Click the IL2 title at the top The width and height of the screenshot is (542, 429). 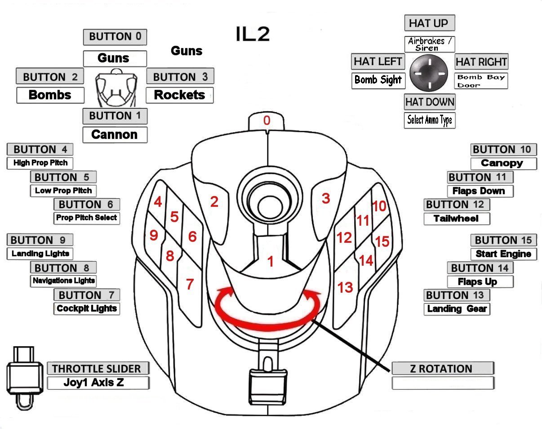(253, 34)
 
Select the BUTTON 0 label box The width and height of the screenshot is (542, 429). (115, 37)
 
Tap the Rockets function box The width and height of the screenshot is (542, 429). (179, 95)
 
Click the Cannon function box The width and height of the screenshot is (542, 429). (115, 134)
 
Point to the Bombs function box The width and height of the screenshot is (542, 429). (50, 95)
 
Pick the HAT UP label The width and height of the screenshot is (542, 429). (429, 23)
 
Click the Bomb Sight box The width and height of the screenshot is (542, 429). (378, 80)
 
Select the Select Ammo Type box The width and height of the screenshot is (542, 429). (429, 120)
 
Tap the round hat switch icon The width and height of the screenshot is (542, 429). (429, 72)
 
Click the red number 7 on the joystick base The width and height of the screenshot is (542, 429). (190, 284)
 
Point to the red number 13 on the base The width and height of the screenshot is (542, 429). (345, 287)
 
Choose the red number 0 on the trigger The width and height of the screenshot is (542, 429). (267, 121)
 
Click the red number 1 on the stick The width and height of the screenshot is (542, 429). (270, 261)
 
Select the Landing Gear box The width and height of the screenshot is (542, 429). (457, 309)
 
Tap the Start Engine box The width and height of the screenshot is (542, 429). (503, 254)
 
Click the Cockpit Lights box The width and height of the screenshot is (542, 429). (87, 308)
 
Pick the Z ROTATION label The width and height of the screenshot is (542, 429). (443, 369)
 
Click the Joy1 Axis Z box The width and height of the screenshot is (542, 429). (98, 383)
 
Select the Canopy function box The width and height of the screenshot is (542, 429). (503, 163)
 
